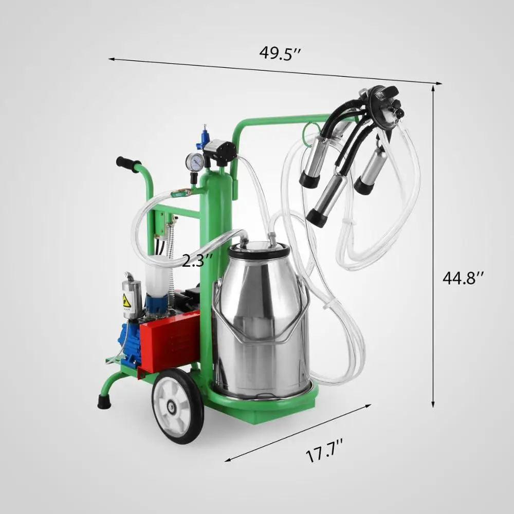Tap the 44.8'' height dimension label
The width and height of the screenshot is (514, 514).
tap(463, 278)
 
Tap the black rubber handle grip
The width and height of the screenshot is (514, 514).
tap(128, 164)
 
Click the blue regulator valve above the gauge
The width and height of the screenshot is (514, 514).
tap(206, 135)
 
